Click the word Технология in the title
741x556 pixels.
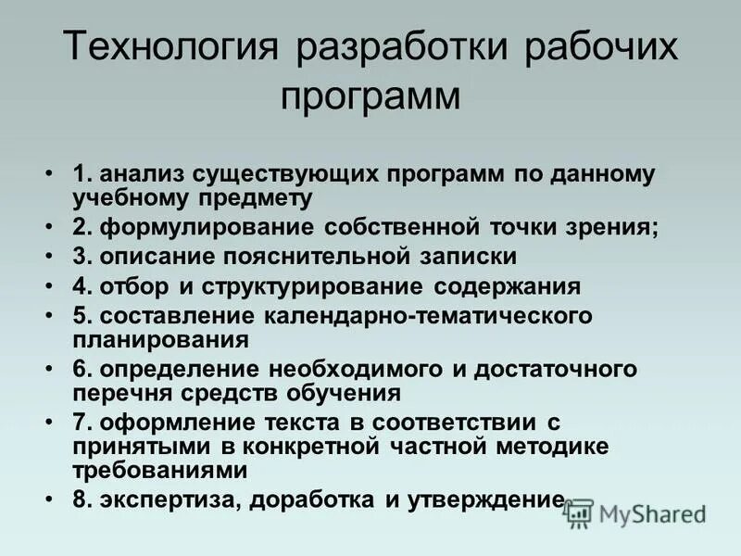pyautogui.click(x=170, y=48)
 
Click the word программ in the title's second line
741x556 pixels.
pyautogui.click(x=370, y=95)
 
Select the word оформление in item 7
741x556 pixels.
pyautogui.click(x=172, y=423)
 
